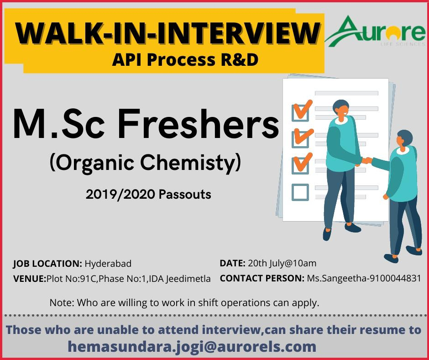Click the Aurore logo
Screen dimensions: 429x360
[375, 31]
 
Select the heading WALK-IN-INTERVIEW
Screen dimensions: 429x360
[167, 33]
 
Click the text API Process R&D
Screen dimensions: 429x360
[185, 60]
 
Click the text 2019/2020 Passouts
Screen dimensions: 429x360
[148, 195]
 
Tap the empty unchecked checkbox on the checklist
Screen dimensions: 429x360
[300, 192]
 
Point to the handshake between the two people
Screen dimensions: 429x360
[366, 160]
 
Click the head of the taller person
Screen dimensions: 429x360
[341, 108]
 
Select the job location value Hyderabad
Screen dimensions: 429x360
[108, 264]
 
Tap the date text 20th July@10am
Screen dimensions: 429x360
[282, 263]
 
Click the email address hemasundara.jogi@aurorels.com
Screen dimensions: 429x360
[192, 347]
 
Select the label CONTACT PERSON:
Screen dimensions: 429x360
[262, 278]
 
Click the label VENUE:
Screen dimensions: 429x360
[30, 279]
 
